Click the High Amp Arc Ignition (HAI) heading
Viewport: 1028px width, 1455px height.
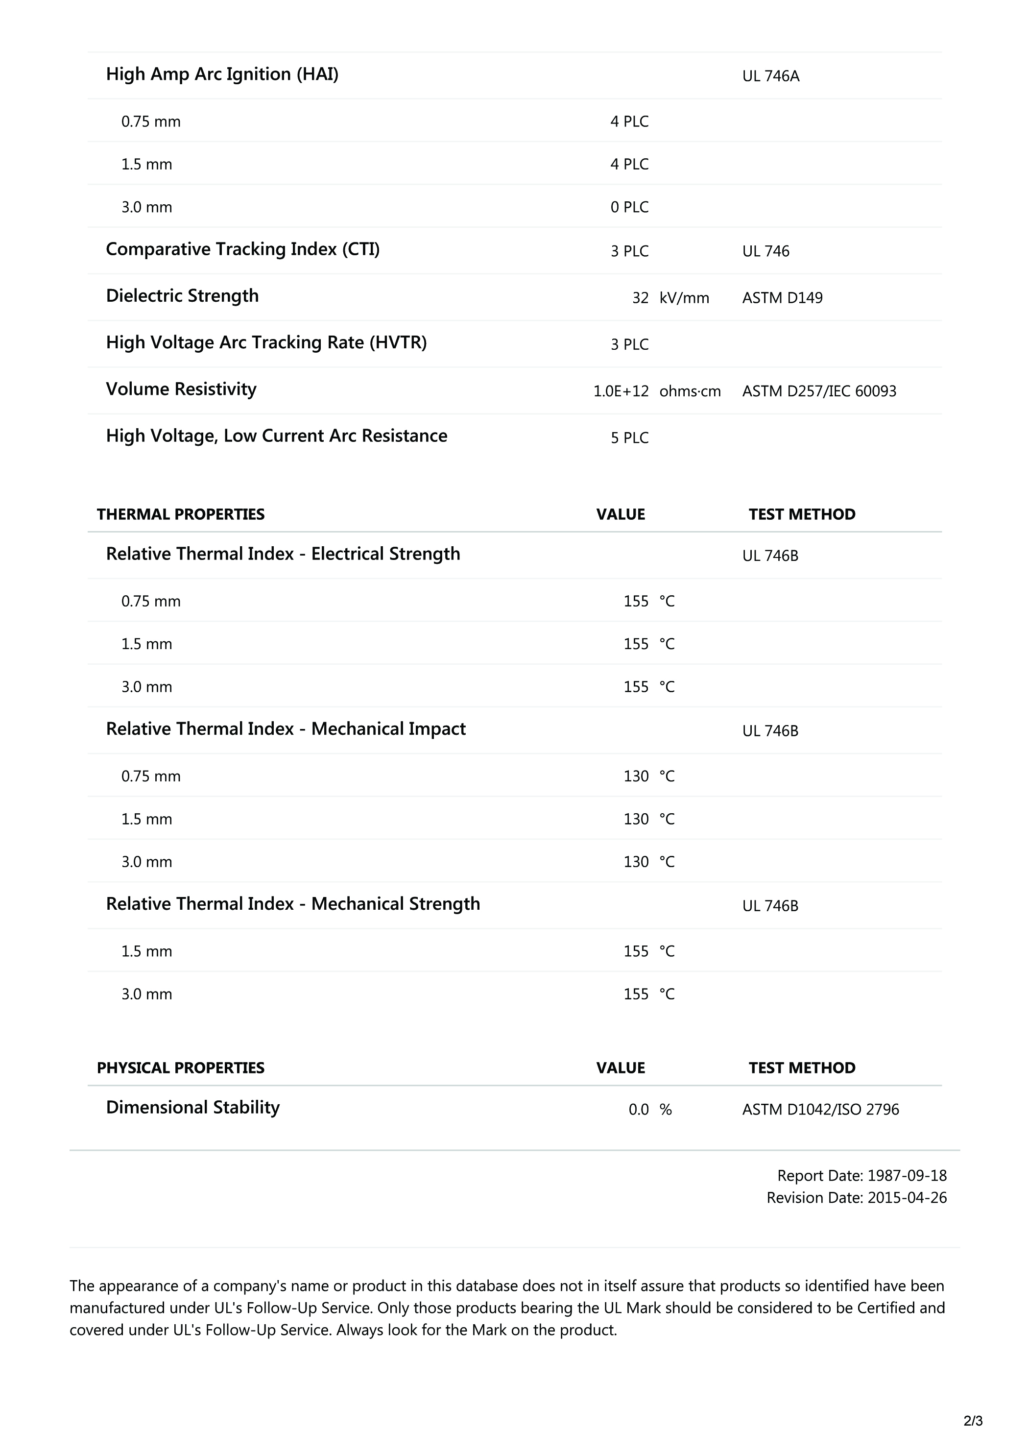[222, 75]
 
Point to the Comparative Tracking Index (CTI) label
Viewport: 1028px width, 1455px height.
[242, 250]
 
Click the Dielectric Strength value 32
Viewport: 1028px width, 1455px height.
[640, 298]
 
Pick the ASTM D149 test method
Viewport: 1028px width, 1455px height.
[782, 298]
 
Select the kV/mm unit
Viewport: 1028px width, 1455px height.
[684, 298]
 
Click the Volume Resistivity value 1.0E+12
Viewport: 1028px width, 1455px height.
[621, 391]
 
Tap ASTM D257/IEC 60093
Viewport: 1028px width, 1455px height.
[819, 391]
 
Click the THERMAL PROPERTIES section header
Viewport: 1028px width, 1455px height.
[181, 514]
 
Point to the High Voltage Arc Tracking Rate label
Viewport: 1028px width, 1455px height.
[266, 343]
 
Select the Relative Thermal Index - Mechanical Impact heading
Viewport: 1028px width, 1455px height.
[286, 729]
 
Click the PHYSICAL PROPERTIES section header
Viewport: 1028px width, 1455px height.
[181, 1068]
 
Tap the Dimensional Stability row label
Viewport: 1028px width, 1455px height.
[192, 1107]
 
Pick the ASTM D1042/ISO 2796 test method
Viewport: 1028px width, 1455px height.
[820, 1110]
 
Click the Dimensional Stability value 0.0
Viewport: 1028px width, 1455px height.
[639, 1110]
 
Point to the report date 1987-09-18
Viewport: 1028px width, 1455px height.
[907, 1176]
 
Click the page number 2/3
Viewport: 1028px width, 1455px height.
[973, 1421]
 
